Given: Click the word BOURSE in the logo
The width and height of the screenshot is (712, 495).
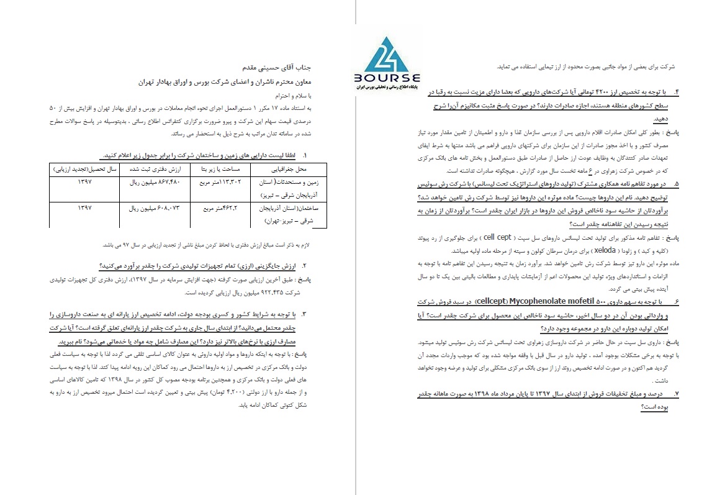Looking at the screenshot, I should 389,78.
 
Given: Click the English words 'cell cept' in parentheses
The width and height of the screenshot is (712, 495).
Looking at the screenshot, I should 497,237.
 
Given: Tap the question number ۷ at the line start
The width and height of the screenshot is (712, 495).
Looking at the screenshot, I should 676,394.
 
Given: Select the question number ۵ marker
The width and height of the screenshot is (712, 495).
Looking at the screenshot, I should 676,184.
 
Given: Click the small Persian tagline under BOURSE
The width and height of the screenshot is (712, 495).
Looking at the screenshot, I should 389,88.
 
